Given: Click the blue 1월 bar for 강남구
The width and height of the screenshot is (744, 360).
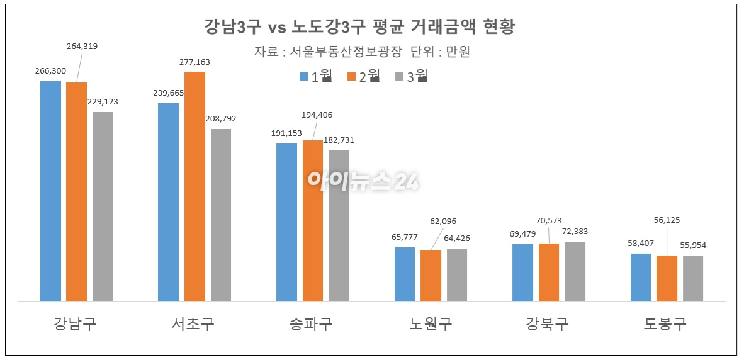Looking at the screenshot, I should [x=51, y=191].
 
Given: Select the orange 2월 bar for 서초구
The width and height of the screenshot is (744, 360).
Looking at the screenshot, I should [x=194, y=186].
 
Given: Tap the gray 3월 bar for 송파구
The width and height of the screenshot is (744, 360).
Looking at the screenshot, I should [x=339, y=226].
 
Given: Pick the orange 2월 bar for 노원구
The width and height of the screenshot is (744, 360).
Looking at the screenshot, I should [x=431, y=276].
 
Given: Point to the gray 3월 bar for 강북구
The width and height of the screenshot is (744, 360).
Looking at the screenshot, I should [x=575, y=271].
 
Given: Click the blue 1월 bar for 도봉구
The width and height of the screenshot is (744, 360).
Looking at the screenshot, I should [x=641, y=278].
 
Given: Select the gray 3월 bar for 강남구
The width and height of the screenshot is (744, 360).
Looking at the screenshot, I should [x=103, y=206].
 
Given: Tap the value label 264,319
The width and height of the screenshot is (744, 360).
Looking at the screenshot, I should [x=82, y=46].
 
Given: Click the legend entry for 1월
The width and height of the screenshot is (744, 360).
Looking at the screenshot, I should [x=316, y=77].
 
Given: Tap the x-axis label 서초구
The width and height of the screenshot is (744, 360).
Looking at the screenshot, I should [x=193, y=324].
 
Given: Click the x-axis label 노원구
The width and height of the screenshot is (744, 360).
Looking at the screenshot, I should [x=430, y=324].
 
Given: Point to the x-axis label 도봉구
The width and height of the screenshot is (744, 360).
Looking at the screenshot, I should [x=665, y=324].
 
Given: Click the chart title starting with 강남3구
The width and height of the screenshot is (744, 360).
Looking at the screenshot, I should [x=359, y=28].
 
